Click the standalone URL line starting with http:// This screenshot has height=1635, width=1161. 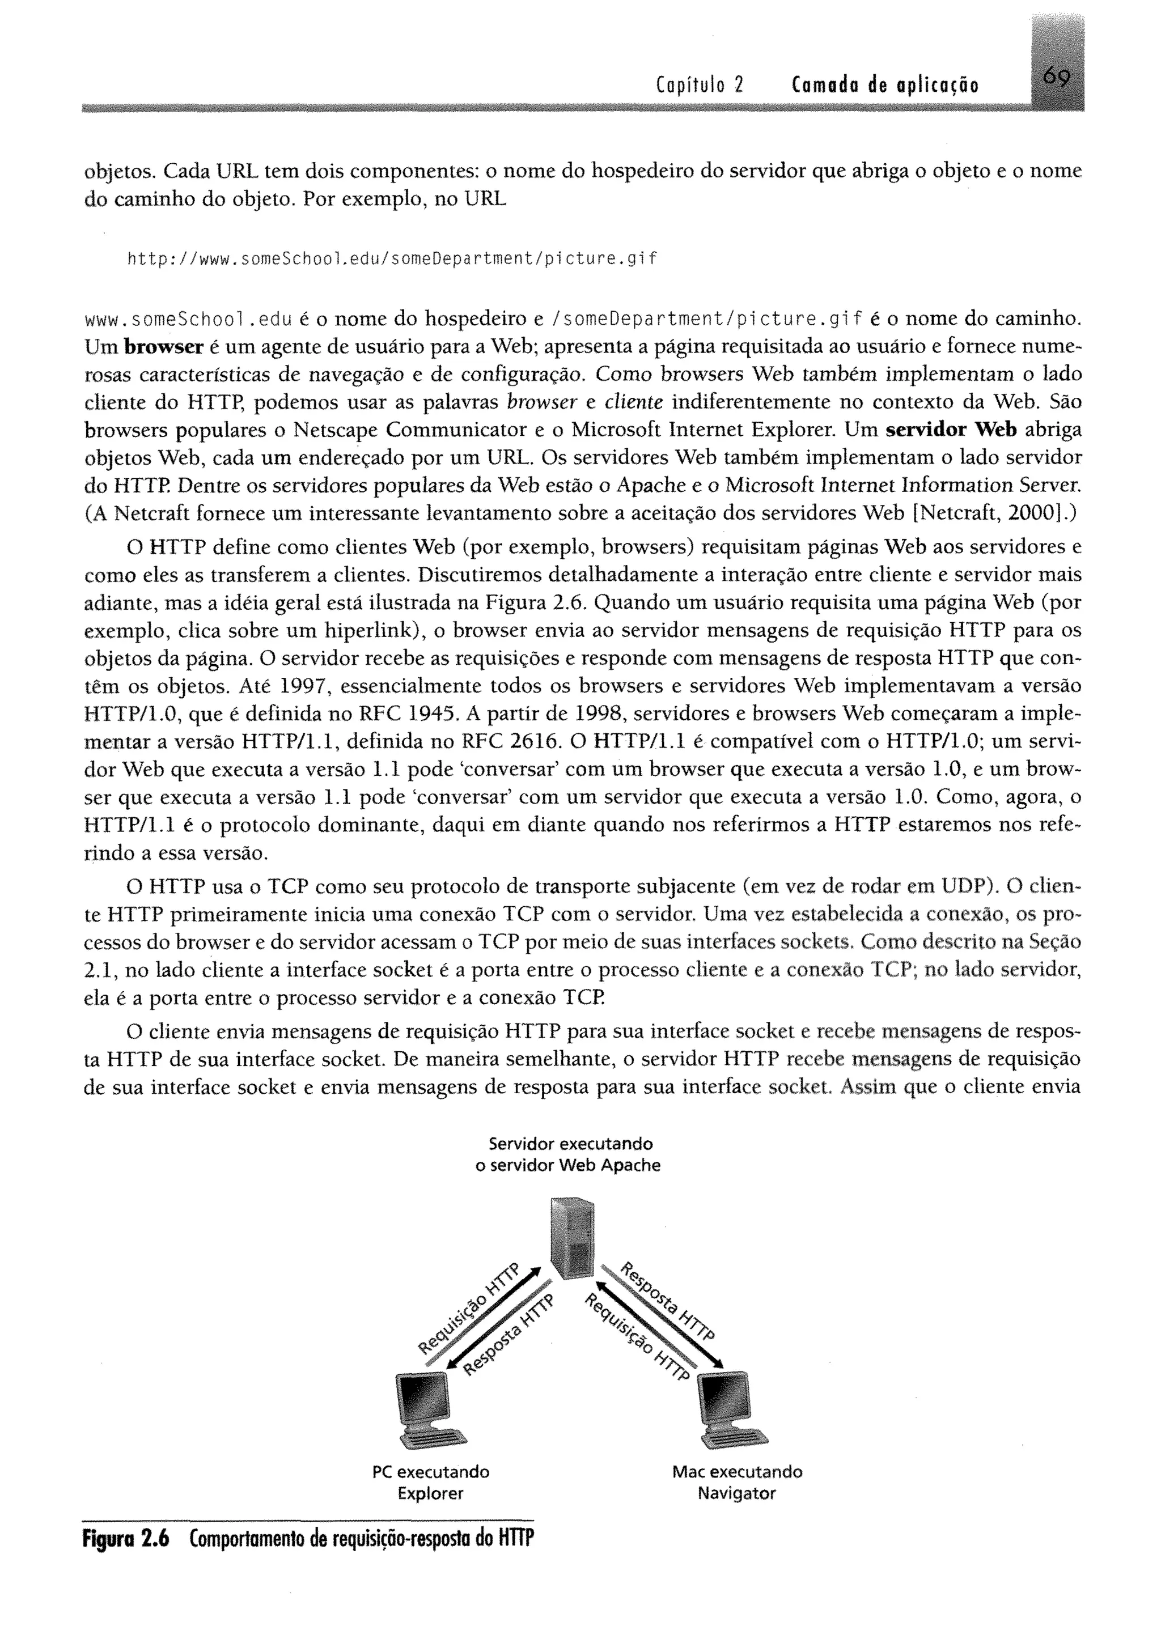tap(391, 258)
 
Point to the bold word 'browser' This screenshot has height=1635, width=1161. tap(164, 347)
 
